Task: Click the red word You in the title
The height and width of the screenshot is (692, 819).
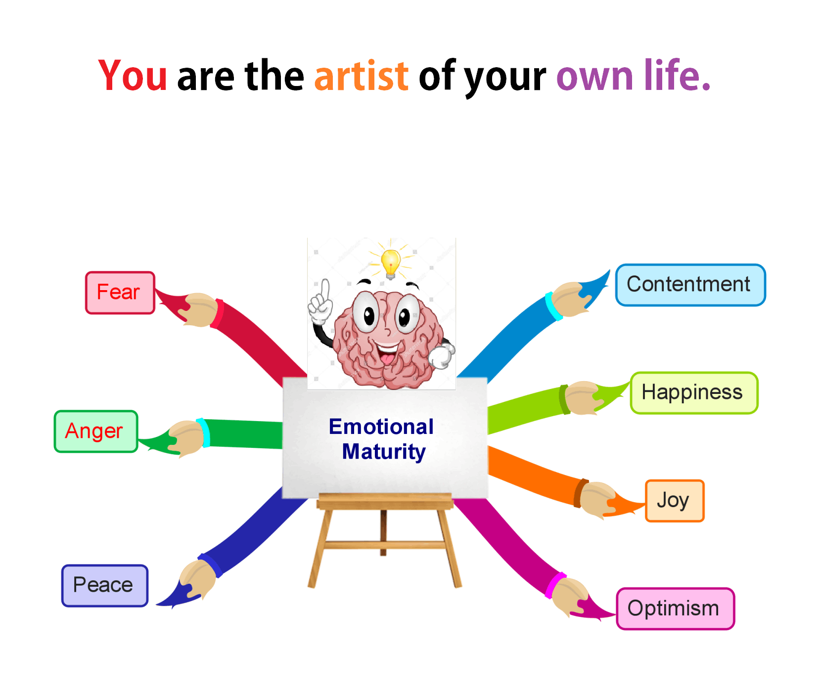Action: click(133, 76)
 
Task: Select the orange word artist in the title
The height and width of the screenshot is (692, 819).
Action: click(362, 76)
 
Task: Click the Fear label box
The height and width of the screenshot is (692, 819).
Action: click(120, 293)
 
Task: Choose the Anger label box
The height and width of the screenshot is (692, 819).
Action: click(95, 432)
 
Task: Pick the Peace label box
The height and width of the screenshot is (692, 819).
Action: click(105, 586)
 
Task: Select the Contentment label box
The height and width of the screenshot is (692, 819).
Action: click(690, 285)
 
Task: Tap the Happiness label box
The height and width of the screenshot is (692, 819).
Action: click(694, 393)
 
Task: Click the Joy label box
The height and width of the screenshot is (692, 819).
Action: click(675, 501)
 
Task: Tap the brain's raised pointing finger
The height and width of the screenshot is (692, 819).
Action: click(325, 291)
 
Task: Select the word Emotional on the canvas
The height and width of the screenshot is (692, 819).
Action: click(381, 427)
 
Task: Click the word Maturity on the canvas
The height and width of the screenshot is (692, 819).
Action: click(384, 452)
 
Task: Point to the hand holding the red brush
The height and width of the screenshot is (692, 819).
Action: click(200, 309)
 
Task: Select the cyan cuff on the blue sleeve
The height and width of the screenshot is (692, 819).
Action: click(553, 306)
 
